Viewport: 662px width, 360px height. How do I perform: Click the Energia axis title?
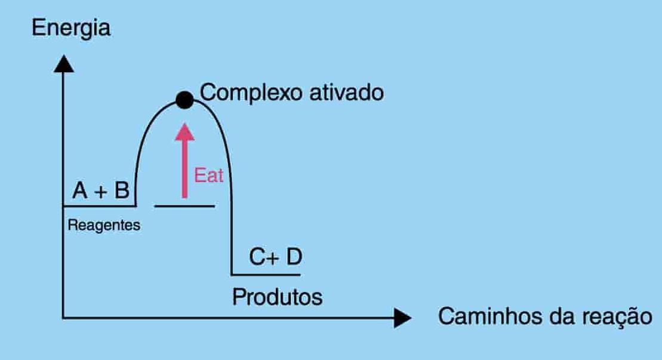tap(72, 28)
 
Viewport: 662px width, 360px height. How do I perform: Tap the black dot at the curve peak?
tap(184, 100)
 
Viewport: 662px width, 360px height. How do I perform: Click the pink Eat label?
tap(208, 176)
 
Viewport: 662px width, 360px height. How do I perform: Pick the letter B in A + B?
tap(121, 190)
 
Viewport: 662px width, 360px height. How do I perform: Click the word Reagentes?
tap(104, 226)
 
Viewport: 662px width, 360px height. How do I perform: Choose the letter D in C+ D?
tap(293, 258)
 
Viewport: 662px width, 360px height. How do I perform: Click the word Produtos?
tap(277, 296)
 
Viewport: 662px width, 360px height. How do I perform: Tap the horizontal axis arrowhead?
tap(402, 319)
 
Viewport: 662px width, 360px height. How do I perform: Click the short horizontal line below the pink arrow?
tap(184, 206)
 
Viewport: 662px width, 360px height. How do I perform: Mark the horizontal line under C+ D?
tap(265, 275)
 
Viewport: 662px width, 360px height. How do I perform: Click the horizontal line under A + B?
tap(99, 206)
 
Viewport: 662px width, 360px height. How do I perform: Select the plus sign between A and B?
tap(101, 191)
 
